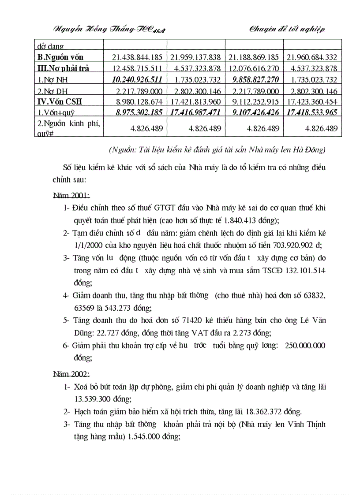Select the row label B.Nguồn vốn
(60, 57)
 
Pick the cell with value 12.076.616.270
(254, 68)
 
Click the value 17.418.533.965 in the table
(312, 112)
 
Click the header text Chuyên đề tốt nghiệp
(287, 30)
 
